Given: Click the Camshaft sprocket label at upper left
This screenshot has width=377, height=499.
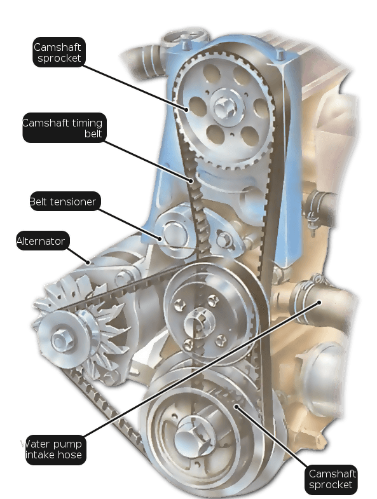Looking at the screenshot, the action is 59,52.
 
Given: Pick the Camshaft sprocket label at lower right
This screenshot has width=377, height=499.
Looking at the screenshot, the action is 331,479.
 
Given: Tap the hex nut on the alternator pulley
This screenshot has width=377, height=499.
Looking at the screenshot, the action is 60,340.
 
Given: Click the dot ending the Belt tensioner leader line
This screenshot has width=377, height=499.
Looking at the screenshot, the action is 160,238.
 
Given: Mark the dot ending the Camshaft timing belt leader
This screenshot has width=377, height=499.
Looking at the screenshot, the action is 191,181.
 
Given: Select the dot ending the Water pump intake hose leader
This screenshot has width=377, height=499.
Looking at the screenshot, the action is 319,303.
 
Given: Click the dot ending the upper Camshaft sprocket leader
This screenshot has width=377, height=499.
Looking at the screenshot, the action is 186,110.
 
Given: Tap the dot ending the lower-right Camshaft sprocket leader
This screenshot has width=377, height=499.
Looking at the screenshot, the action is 236,406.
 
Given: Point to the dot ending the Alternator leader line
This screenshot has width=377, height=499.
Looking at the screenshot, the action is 89,263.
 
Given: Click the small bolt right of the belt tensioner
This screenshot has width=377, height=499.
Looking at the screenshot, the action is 225,239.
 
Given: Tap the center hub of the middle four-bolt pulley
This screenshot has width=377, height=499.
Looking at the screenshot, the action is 199,322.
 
